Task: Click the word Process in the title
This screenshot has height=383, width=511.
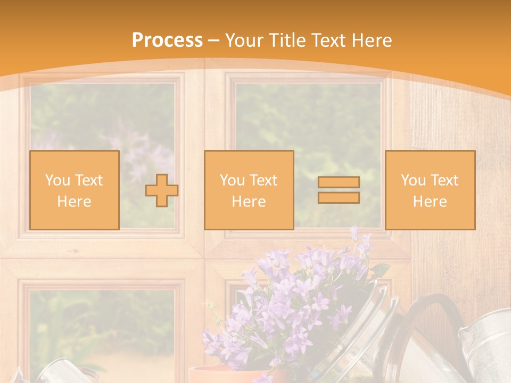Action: [x=167, y=40]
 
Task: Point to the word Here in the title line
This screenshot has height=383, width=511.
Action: [x=370, y=40]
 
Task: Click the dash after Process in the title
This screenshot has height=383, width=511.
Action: [x=214, y=41]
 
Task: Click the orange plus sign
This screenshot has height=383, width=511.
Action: [x=162, y=190]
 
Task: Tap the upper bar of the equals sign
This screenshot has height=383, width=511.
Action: [x=339, y=182]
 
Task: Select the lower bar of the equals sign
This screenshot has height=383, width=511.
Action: [x=339, y=198]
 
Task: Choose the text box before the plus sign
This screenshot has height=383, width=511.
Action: [x=74, y=190]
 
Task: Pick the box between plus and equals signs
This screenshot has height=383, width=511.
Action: [x=249, y=190]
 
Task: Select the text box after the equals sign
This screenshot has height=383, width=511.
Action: [x=430, y=190]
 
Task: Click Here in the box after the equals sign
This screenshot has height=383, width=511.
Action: [x=430, y=201]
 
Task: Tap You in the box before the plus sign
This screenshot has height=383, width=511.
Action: [x=57, y=180]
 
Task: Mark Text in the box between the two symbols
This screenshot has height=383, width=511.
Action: [x=264, y=180]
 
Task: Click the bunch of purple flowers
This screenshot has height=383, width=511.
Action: [x=298, y=298]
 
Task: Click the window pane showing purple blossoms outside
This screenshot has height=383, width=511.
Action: [x=102, y=154]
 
